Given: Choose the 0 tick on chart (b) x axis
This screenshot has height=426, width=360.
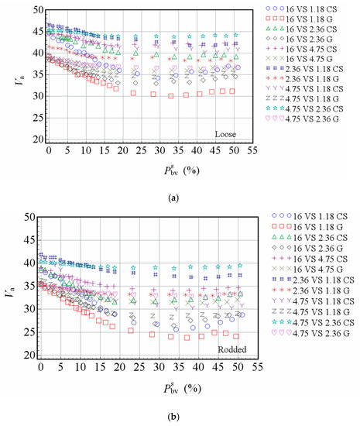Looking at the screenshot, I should [x=41, y=366].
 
